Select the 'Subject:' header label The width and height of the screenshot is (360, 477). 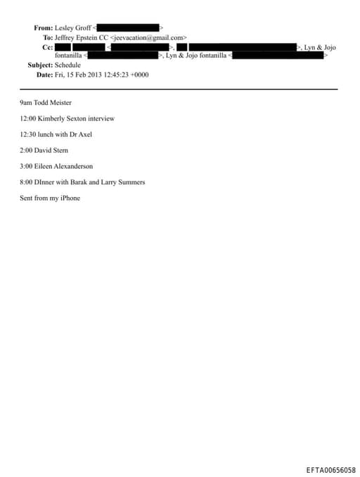click(35, 65)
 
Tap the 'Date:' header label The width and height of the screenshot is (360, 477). click(44, 75)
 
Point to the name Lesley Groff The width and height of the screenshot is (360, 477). click(73, 27)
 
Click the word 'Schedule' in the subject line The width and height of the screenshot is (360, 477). click(67, 65)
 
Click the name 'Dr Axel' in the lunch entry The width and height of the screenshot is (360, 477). click(81, 134)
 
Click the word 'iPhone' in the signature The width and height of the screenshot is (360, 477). click(68, 198)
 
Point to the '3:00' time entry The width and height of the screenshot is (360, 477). click(27, 166)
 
